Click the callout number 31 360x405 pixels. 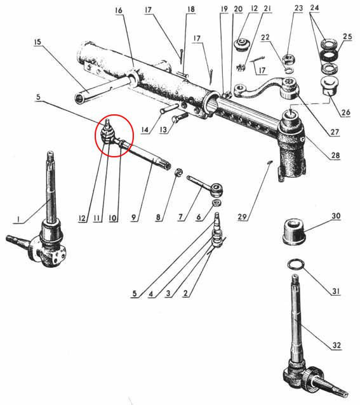(x=336, y=291)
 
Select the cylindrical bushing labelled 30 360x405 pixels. (x=295, y=232)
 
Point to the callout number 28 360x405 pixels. (x=335, y=156)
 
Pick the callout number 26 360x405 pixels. (x=345, y=112)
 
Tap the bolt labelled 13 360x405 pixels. (x=180, y=117)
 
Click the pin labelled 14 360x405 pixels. (x=169, y=108)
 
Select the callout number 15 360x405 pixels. (x=37, y=42)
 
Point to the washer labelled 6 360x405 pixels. (x=217, y=202)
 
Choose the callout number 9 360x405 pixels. (x=133, y=218)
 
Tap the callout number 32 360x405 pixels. (x=337, y=345)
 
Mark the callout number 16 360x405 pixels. (x=119, y=11)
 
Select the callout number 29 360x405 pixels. (x=242, y=216)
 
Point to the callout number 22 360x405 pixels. (x=265, y=37)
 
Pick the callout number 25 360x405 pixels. (x=347, y=37)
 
